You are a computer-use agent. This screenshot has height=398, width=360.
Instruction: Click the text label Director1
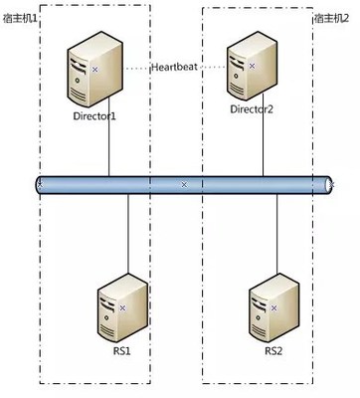94,115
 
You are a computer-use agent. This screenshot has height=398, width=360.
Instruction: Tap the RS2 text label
273,351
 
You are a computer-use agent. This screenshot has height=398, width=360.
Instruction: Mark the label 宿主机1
22,17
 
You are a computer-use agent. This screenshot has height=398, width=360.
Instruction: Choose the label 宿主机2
333,17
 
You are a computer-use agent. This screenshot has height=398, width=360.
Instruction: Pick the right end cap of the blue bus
329,185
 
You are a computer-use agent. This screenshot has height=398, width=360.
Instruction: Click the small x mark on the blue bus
184,185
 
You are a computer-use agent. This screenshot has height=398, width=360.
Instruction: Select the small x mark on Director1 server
94,70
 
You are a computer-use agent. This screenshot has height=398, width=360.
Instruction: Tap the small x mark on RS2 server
274,307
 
